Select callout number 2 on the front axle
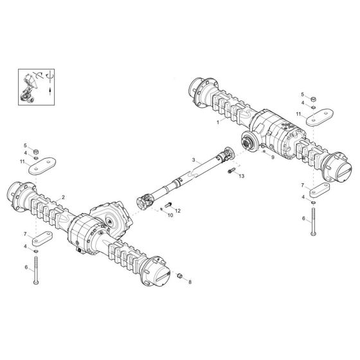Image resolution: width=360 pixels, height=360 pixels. click(x=64, y=197)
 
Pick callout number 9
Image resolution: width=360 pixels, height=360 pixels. click(x=272, y=156)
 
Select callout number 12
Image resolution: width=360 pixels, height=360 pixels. click(x=177, y=210)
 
